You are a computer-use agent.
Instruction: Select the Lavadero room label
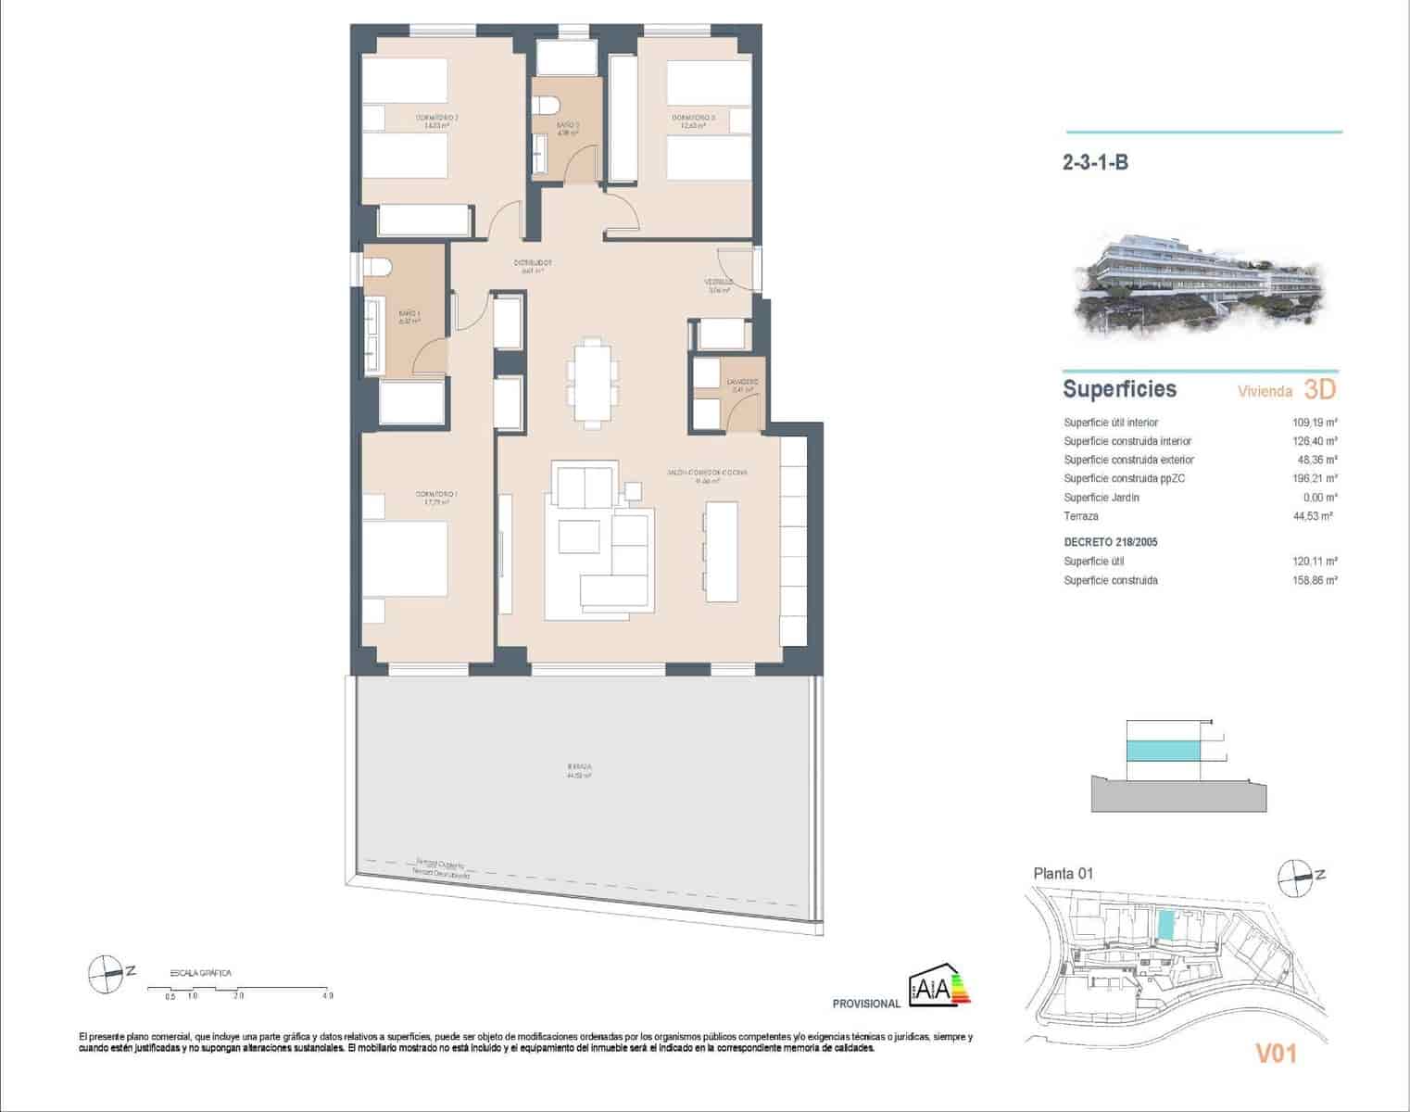click(742, 382)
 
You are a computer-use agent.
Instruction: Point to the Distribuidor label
click(533, 262)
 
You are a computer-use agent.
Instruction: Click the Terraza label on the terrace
click(579, 767)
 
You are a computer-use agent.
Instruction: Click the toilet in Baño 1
click(378, 267)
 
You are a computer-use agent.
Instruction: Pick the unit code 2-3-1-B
click(1095, 163)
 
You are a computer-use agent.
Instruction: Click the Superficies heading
click(1119, 389)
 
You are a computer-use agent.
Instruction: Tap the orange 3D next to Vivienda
click(1319, 389)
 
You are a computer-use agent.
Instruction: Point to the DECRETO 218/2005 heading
click(1110, 542)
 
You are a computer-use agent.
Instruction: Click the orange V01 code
click(1275, 1054)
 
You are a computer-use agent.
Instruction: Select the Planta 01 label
click(1064, 873)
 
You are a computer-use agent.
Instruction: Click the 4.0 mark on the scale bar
click(327, 996)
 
